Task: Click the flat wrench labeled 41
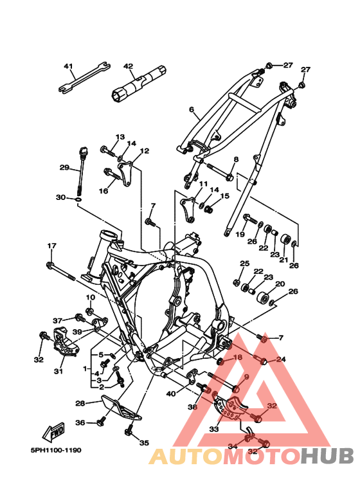84,78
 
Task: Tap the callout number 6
191,110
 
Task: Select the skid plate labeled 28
121,408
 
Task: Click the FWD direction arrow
54,431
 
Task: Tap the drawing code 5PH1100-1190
56,450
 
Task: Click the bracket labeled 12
127,174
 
